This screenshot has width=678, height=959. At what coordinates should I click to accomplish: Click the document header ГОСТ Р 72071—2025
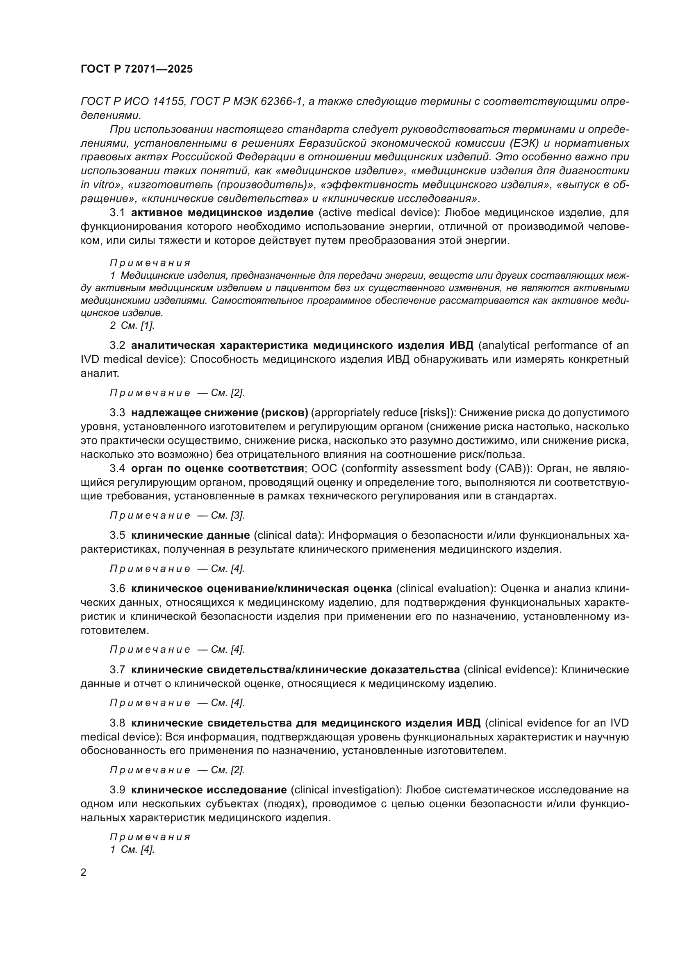coord(137,69)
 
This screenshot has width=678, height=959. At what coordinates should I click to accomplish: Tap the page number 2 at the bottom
coord(84,872)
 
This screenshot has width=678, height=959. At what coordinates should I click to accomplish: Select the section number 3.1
coord(117,213)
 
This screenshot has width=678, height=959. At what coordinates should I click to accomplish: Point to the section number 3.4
coord(117,468)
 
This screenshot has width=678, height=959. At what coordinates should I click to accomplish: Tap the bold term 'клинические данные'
coord(190,535)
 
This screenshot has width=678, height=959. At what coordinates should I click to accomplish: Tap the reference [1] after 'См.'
coord(148,326)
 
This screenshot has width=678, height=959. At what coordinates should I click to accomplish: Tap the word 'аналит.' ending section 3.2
coord(100,374)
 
